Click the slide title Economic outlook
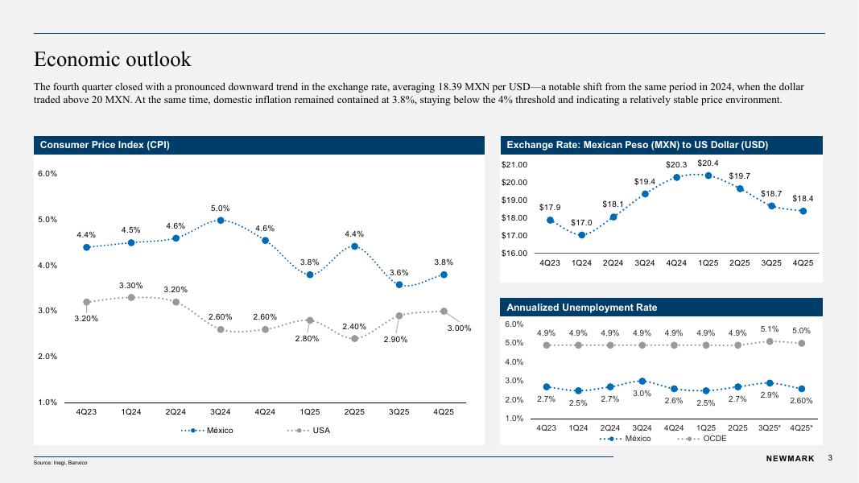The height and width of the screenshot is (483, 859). (x=112, y=59)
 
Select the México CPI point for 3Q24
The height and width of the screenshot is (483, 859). (x=221, y=220)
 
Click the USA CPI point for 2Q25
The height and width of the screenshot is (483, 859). (x=354, y=338)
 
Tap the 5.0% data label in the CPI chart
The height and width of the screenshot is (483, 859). (x=221, y=208)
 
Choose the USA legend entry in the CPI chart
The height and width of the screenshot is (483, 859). (x=309, y=431)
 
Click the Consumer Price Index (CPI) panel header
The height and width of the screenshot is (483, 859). (x=105, y=145)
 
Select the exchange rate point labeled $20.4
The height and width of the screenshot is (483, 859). (x=708, y=175)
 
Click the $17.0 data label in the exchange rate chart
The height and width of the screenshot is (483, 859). (x=582, y=223)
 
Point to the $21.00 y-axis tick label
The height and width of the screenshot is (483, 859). (x=516, y=164)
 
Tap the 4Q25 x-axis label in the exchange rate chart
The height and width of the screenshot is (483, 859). (x=803, y=262)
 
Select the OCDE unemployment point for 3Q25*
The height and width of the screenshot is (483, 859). (x=770, y=341)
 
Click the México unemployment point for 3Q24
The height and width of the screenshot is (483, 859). (x=642, y=381)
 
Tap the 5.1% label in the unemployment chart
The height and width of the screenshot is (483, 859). (x=770, y=328)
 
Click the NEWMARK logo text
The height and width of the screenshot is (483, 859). (x=788, y=459)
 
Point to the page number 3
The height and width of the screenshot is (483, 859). (x=829, y=458)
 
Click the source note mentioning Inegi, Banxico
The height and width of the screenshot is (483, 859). (x=60, y=464)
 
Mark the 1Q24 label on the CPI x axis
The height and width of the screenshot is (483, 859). (x=131, y=412)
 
